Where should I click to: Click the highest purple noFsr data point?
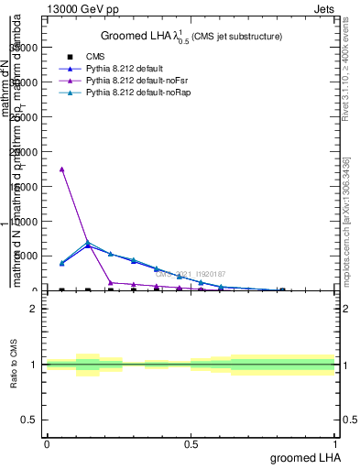tap(61, 169)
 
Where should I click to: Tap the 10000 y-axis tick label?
tap(30, 222)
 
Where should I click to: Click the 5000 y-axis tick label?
tap(32, 256)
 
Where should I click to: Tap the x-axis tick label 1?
tap(335, 443)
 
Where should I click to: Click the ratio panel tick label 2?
tap(35, 309)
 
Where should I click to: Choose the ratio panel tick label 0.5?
tap(32, 420)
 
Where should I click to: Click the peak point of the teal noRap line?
tap(87, 243)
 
